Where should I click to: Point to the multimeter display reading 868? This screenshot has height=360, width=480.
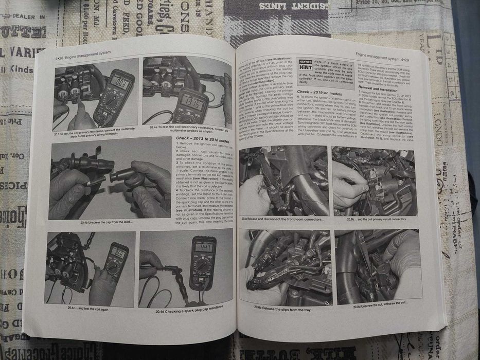pos(119,254)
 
